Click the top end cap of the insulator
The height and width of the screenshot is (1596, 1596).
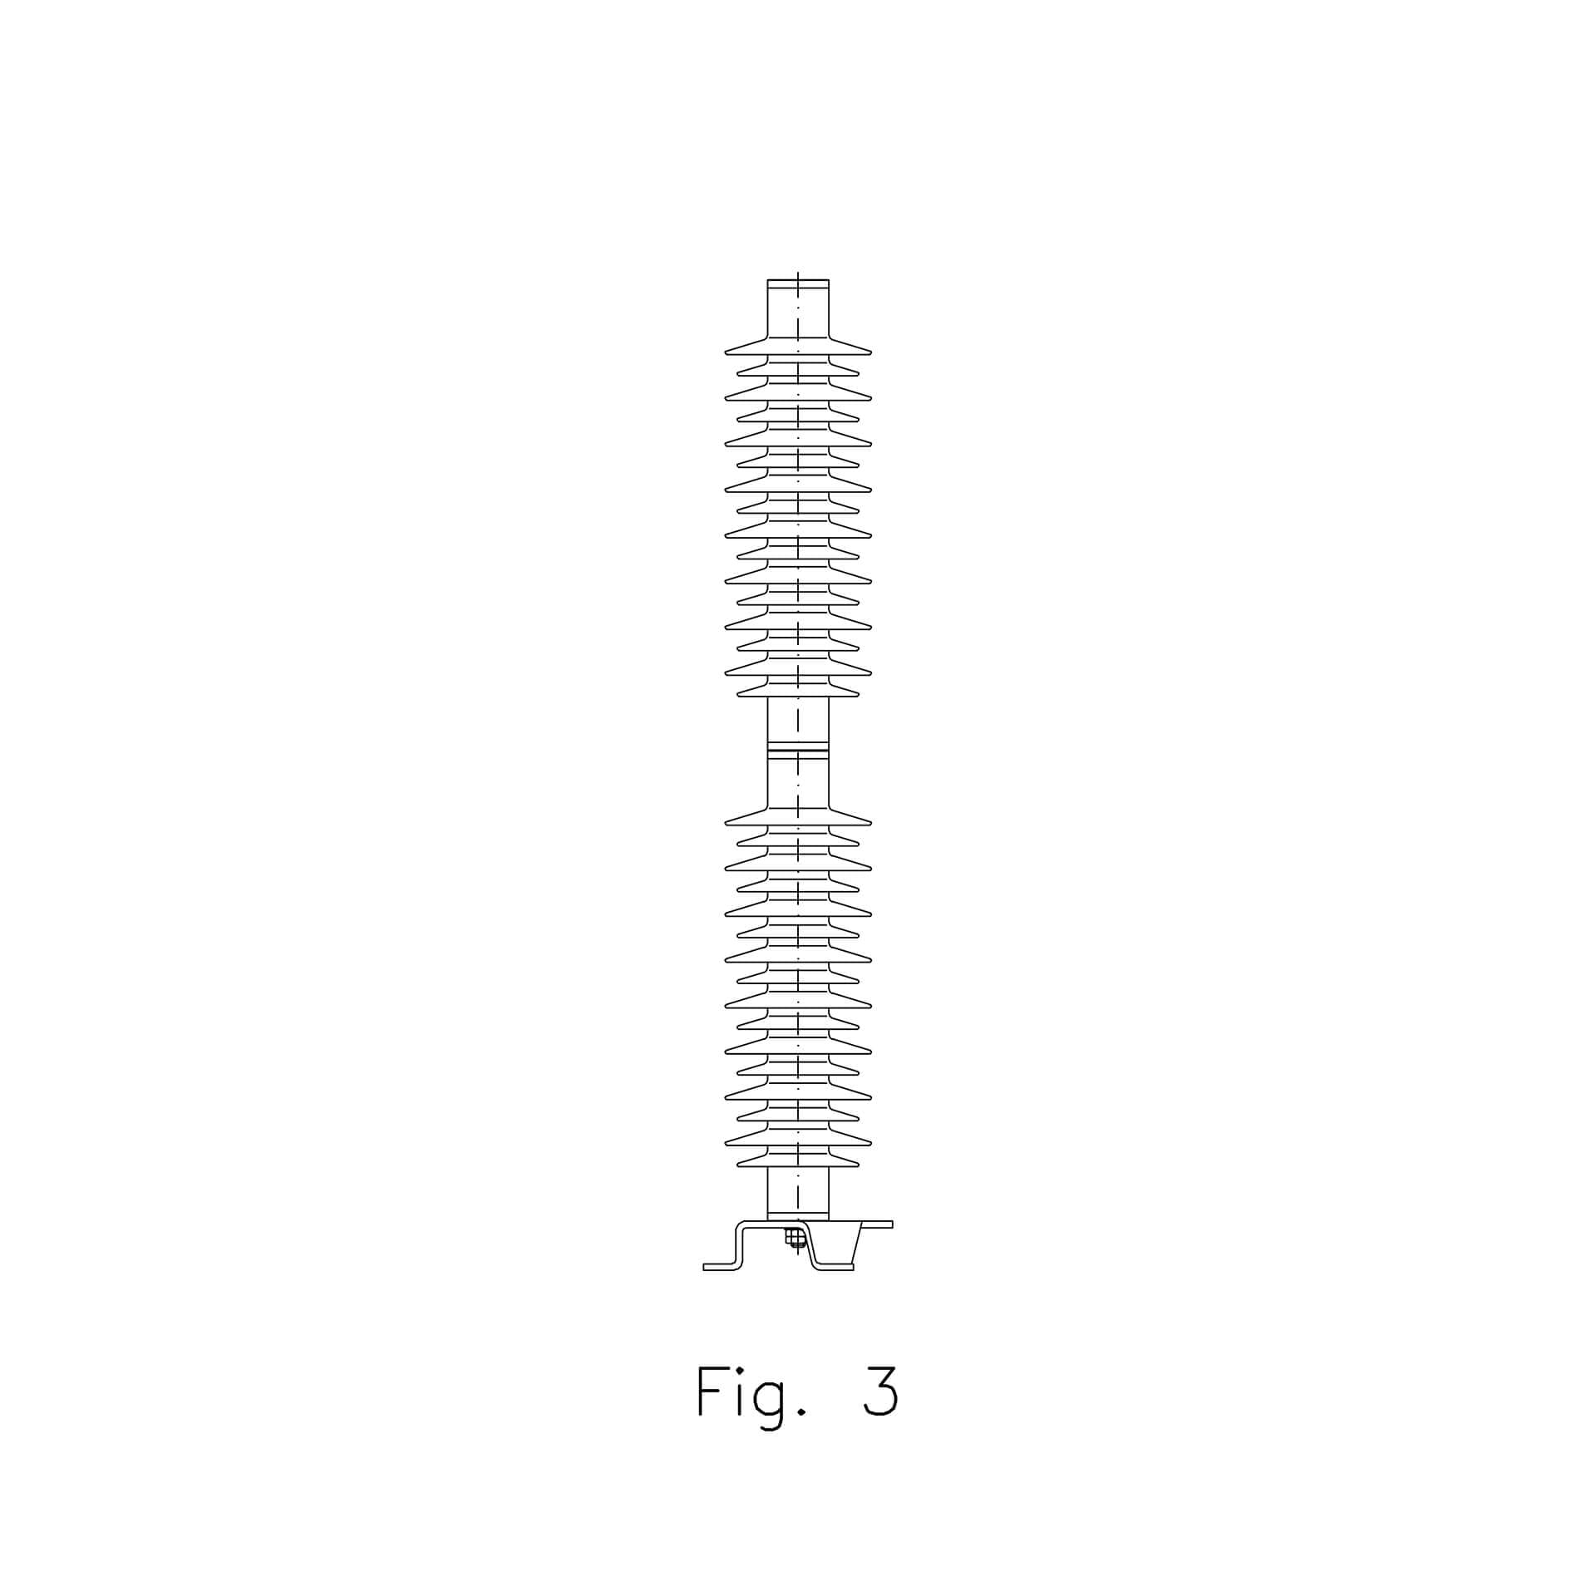click(798, 283)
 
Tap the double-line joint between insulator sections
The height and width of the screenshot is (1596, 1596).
click(798, 751)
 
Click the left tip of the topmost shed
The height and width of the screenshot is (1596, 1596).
click(726, 352)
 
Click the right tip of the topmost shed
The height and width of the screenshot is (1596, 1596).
click(870, 352)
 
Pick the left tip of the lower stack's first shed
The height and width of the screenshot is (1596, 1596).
click(726, 822)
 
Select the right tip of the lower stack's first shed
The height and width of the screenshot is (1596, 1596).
click(870, 822)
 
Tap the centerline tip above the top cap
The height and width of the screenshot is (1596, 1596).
click(798, 272)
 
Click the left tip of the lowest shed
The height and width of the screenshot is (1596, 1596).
click(738, 1164)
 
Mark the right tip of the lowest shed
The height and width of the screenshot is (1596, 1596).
click(858, 1164)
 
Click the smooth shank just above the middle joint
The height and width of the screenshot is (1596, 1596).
click(798, 719)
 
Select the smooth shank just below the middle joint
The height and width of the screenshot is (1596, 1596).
click(798, 782)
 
